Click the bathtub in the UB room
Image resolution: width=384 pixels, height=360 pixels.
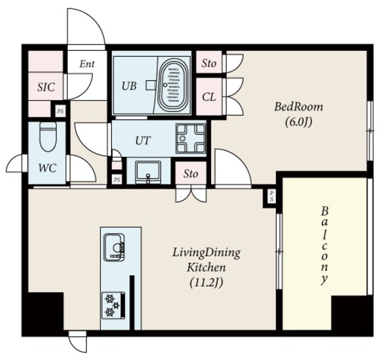click(174, 85)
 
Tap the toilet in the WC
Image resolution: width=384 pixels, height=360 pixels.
click(48, 137)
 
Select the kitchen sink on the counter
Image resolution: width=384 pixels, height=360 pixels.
click(115, 248)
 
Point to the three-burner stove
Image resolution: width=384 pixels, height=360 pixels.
click(113, 305)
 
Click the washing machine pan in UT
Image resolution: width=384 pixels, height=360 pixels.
click(191, 139)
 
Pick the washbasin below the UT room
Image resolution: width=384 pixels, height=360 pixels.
click(148, 172)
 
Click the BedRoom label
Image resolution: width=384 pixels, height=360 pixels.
click(299, 107)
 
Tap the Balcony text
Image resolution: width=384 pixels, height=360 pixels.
click(325, 245)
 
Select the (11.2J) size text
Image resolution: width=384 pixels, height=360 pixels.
click(206, 283)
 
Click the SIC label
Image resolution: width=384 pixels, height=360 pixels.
click(46, 87)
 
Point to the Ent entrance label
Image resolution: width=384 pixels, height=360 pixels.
click(87, 64)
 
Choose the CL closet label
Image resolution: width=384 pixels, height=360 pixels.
click(209, 97)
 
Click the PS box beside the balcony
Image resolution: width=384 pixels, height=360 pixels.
click(271, 196)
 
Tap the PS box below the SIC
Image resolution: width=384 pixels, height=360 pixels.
click(60, 112)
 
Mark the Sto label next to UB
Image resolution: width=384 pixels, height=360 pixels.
click(209, 64)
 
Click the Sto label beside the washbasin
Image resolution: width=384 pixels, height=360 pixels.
click(191, 174)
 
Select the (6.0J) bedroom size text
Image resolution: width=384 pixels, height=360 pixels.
click(299, 122)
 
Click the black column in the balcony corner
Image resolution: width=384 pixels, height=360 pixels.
click(352, 313)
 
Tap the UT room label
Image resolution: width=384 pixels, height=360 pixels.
click(143, 140)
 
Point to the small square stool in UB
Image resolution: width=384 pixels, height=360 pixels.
click(151, 85)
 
